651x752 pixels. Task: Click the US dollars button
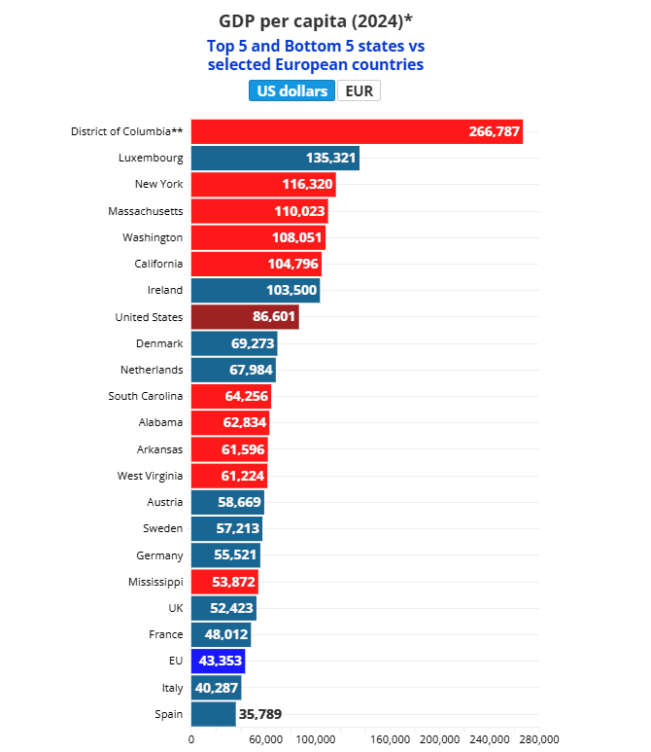(x=292, y=91)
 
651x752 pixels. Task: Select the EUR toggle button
(x=359, y=91)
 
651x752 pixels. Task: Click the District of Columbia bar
(x=357, y=131)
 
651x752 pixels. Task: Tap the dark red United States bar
(x=245, y=317)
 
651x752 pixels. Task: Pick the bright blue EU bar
(x=218, y=662)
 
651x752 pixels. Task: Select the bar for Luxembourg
(x=275, y=158)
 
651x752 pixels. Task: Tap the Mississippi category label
(x=155, y=582)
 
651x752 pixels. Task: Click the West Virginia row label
(x=150, y=476)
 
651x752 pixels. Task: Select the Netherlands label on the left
(x=152, y=370)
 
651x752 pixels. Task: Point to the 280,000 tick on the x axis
(x=538, y=740)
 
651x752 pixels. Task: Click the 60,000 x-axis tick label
(x=265, y=740)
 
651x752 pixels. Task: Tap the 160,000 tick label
(x=390, y=740)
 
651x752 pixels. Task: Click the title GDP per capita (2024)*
(x=316, y=20)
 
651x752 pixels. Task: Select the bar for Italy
(x=216, y=688)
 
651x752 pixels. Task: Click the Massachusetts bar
(x=259, y=211)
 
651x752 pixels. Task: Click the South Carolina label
(x=146, y=396)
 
